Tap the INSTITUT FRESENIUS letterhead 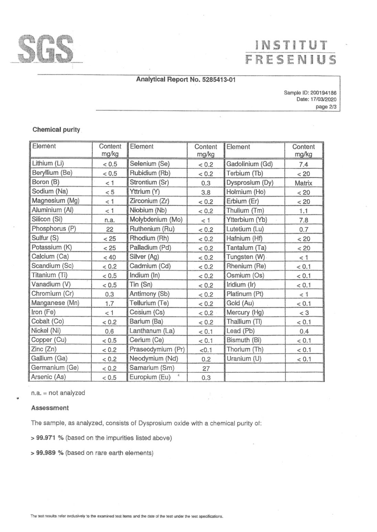(x=290, y=53)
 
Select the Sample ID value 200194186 (x=323, y=92)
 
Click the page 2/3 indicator (x=326, y=107)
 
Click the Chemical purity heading (x=56, y=130)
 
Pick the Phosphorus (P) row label (x=54, y=229)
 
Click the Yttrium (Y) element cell (x=144, y=192)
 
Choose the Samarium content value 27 (x=206, y=368)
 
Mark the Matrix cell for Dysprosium (x=303, y=183)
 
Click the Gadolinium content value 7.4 (x=303, y=165)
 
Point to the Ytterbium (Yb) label (x=247, y=220)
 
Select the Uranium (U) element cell (x=244, y=359)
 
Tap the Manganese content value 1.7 (x=110, y=303)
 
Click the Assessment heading (x=50, y=408)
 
